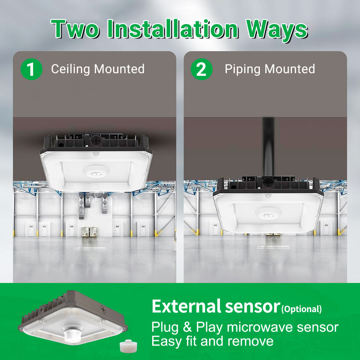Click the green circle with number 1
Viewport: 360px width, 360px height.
pyautogui.click(x=31, y=69)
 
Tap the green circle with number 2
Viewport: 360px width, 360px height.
pyautogui.click(x=202, y=69)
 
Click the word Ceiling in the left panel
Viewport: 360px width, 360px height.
pyautogui.click(x=70, y=69)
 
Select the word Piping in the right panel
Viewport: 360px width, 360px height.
pyautogui.click(x=243, y=69)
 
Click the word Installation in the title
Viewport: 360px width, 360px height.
pyautogui.click(x=173, y=29)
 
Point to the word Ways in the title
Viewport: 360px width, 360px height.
pyautogui.click(x=277, y=30)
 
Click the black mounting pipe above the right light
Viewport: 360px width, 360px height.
pyautogui.click(x=268, y=147)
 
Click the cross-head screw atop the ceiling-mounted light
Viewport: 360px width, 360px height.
pyautogui.click(x=96, y=140)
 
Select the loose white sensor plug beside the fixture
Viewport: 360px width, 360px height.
pyautogui.click(x=128, y=346)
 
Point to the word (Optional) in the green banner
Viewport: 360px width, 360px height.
pyautogui.click(x=301, y=309)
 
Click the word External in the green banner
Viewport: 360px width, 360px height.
pyautogui.click(x=186, y=306)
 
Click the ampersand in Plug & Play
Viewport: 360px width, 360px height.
pyautogui.click(x=187, y=327)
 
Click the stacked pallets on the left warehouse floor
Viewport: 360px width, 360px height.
pyautogui.click(x=90, y=231)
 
